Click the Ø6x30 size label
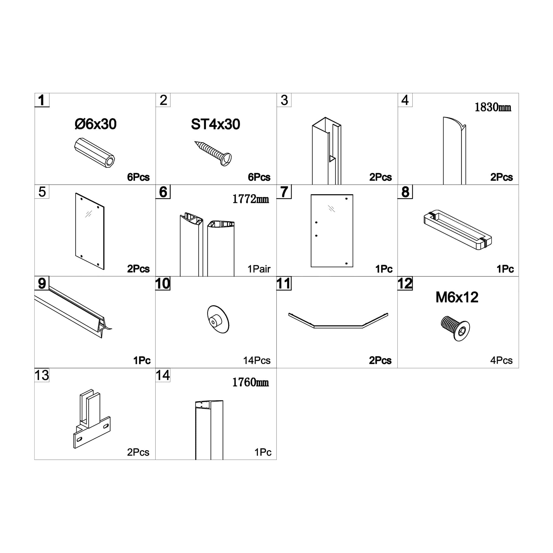[95, 124]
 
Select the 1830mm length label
[493, 107]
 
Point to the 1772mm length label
[251, 199]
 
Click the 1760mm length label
[250, 382]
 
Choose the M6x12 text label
[457, 297]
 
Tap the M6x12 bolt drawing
[455, 328]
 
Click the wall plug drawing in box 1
[95, 153]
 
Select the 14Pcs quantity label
[257, 360]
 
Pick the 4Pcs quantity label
[501, 360]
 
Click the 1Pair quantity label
[259, 269]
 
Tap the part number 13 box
[42, 375]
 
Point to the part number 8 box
[405, 192]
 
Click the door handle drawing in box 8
[457, 230]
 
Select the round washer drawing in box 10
[218, 319]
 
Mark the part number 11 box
[284, 283]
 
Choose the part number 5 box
[42, 192]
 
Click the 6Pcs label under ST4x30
[259, 177]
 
